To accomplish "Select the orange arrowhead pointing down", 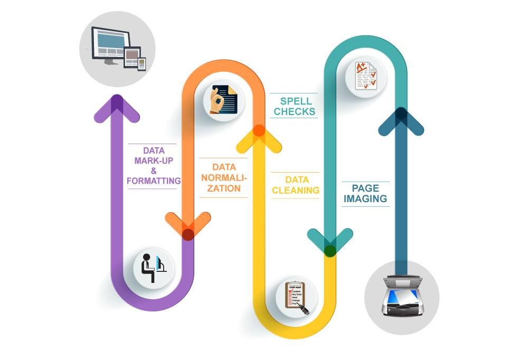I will pos(188,224).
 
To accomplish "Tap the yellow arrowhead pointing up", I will pos(259,138).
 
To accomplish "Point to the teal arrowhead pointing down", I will pos(330,240).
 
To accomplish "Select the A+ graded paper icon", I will pos(365,75).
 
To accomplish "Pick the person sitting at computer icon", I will pos(153,268).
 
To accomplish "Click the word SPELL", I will pos(296,101).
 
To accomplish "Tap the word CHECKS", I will pos(294,112).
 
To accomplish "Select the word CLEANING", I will pos(295,190).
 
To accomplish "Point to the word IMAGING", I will pos(365,199).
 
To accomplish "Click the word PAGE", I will pos(365,188).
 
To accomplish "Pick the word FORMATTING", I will pos(154,181).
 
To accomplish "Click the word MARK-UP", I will pos(153,160).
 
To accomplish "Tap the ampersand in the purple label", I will pos(154,170).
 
